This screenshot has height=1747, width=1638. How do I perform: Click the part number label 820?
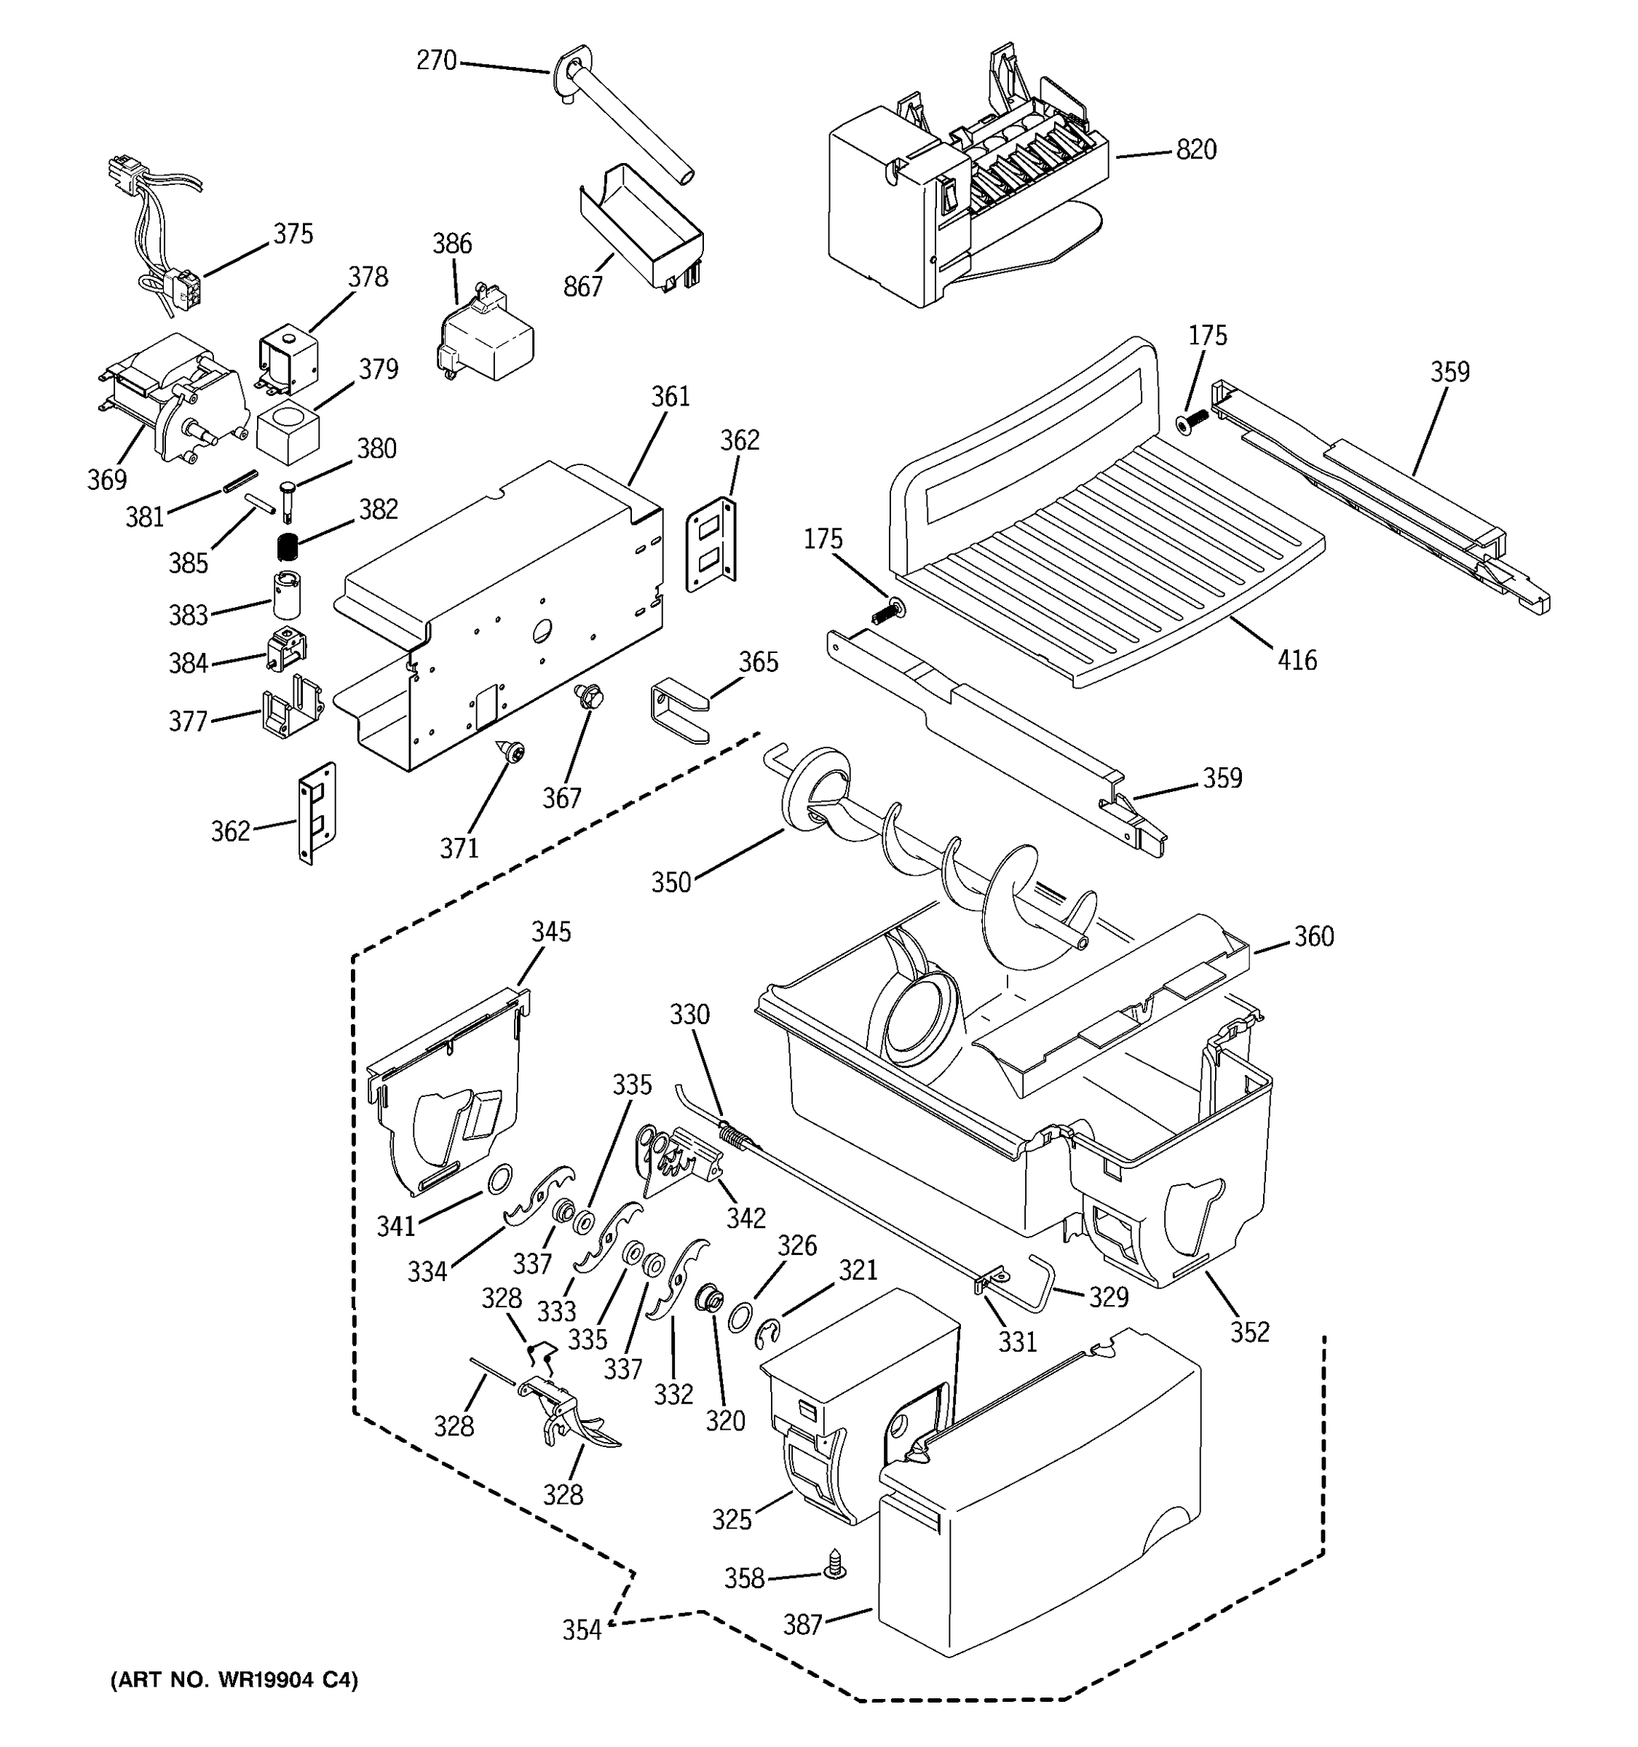[1196, 150]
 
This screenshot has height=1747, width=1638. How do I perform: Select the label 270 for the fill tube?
[436, 60]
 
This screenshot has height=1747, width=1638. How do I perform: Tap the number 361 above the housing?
[670, 397]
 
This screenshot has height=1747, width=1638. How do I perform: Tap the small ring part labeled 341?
[500, 1178]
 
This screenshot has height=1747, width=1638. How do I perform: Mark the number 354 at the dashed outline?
[582, 1630]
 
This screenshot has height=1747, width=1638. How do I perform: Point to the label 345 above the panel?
[551, 932]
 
